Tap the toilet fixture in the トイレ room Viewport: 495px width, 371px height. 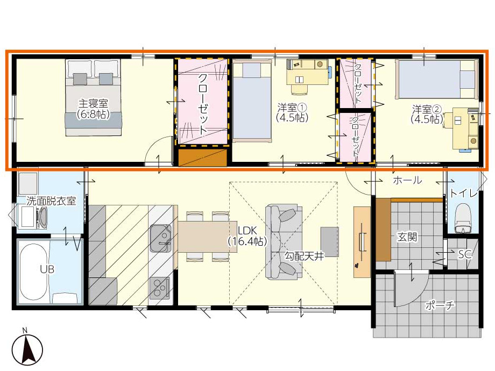click(463, 218)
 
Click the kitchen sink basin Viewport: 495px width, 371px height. click(161, 238)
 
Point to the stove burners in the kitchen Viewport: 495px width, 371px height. click(160, 288)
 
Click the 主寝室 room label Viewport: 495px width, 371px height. click(93, 103)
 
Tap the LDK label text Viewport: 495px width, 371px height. click(247, 230)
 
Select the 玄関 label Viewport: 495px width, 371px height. click(407, 237)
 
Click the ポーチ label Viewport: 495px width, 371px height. click(440, 305)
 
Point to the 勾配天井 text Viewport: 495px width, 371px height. click(305, 256)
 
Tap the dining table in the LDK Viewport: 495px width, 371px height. click(207, 237)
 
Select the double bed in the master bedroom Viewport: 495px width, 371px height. click(94, 98)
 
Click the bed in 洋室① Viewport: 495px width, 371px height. click(252, 101)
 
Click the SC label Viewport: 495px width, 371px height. click(465, 254)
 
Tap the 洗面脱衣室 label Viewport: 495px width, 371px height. click(51, 201)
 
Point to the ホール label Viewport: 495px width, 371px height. click(407, 180)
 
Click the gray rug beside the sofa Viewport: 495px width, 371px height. click(330, 241)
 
